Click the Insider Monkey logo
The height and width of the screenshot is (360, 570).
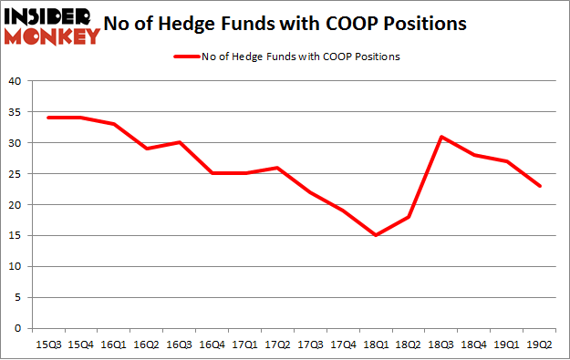coord(52,26)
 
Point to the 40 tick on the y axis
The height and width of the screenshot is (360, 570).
coord(15,81)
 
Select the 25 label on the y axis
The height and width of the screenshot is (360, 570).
coord(15,174)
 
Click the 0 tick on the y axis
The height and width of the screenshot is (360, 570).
coord(18,328)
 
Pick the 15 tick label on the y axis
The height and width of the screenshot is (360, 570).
coord(15,235)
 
